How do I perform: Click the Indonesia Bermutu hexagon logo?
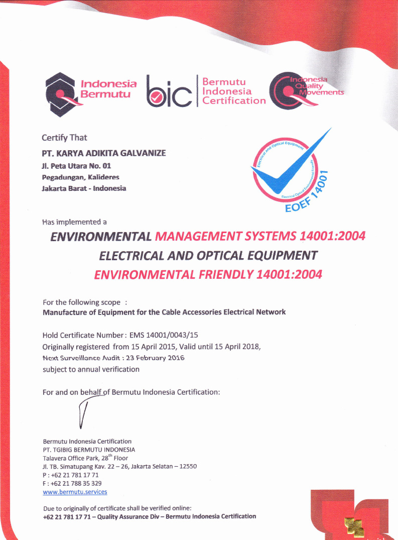click(60, 90)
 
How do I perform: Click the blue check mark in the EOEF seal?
click(291, 166)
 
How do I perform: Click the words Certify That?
click(64, 138)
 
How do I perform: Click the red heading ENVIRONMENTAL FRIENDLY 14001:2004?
click(208, 274)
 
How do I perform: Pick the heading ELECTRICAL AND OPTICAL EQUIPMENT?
click(208, 255)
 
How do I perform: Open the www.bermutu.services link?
click(75, 492)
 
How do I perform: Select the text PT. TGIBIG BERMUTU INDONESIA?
click(89, 450)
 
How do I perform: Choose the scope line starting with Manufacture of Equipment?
click(164, 312)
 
